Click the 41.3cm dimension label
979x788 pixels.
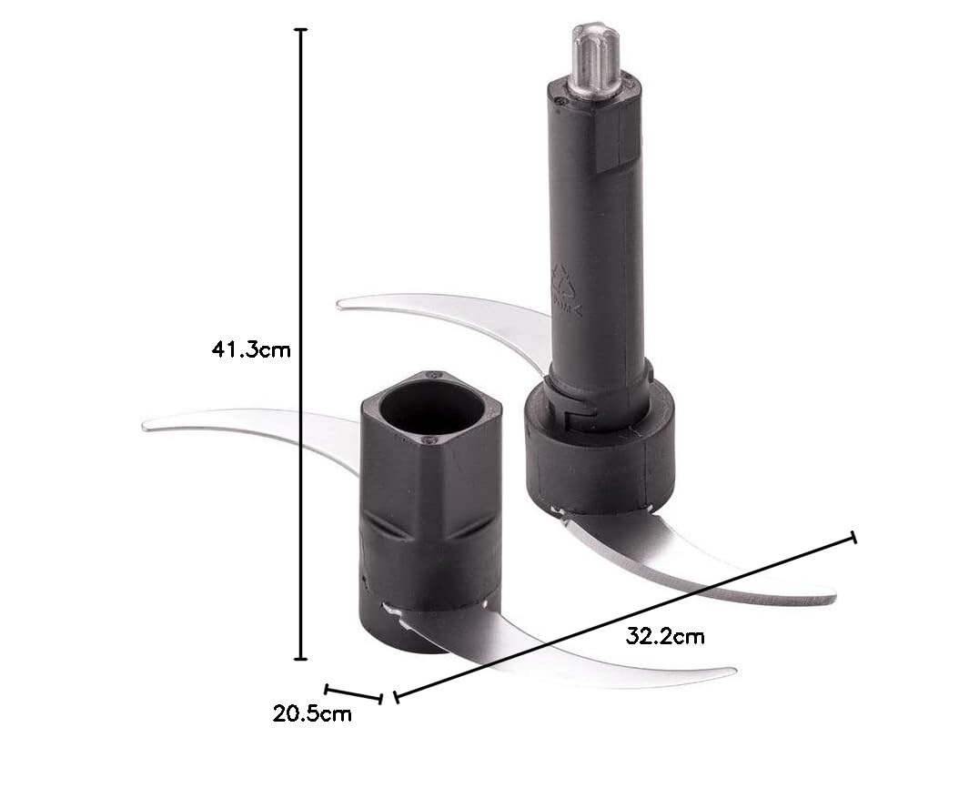coord(251,349)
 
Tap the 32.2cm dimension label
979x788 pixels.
coord(665,636)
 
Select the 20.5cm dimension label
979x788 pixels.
coord(312,713)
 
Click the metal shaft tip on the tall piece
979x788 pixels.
coord(596,60)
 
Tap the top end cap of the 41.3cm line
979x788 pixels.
coord(301,29)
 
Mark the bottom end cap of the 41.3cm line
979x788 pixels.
coord(301,658)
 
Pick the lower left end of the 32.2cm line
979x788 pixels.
coord(397,697)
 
